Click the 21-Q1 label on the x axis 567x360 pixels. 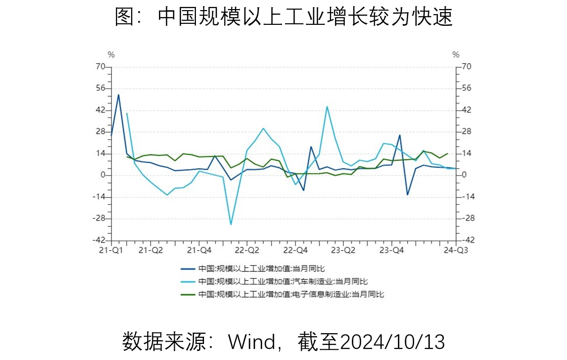coord(111,250)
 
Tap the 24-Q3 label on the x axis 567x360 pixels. coord(456,250)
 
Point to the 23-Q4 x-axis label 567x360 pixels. coord(391,250)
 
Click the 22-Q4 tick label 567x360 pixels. coord(295,250)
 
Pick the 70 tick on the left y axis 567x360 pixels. coord(100,66)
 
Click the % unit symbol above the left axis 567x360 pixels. coord(111,55)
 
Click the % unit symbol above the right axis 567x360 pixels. coord(456,55)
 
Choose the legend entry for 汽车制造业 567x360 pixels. coord(283,282)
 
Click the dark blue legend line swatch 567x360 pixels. coord(188,269)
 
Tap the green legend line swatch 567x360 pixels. coord(188,294)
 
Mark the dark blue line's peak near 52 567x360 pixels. coord(118,95)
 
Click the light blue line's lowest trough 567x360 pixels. coord(231,224)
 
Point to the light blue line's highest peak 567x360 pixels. coord(327,106)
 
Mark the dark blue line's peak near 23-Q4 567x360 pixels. coord(399,135)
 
